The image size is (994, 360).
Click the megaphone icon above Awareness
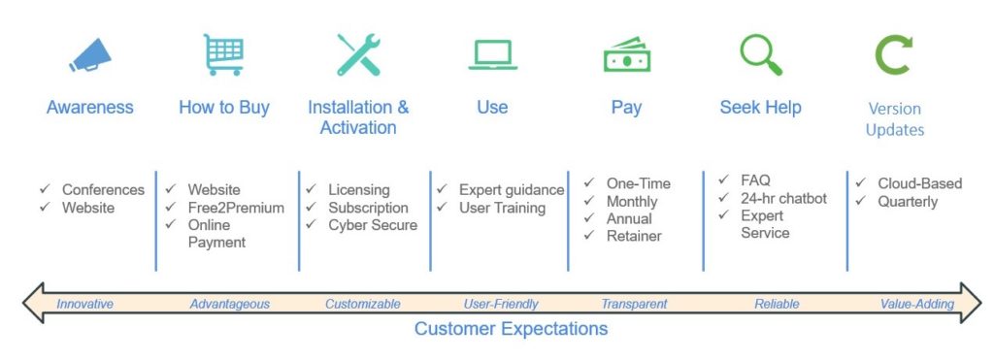point(90,55)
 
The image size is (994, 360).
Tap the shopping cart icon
point(224,54)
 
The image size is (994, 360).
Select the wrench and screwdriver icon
point(358,54)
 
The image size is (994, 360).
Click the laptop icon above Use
point(492,55)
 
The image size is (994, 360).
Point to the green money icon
point(627,55)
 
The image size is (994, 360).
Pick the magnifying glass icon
point(761,54)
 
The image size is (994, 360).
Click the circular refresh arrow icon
point(894,54)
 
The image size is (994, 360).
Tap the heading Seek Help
point(760,107)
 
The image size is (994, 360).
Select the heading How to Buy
point(224,108)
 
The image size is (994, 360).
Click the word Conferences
point(103,189)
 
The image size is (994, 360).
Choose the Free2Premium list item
point(236,208)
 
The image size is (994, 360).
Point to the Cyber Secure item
point(373,225)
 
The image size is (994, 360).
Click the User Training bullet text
point(502,208)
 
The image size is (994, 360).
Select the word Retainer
point(634,236)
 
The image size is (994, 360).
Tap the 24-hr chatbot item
point(783,198)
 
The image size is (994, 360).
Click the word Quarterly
point(908,202)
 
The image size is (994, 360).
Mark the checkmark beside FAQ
point(724,180)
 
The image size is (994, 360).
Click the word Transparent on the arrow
point(634,305)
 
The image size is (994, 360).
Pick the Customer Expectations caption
point(511,328)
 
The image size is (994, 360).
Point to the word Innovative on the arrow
point(85,305)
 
